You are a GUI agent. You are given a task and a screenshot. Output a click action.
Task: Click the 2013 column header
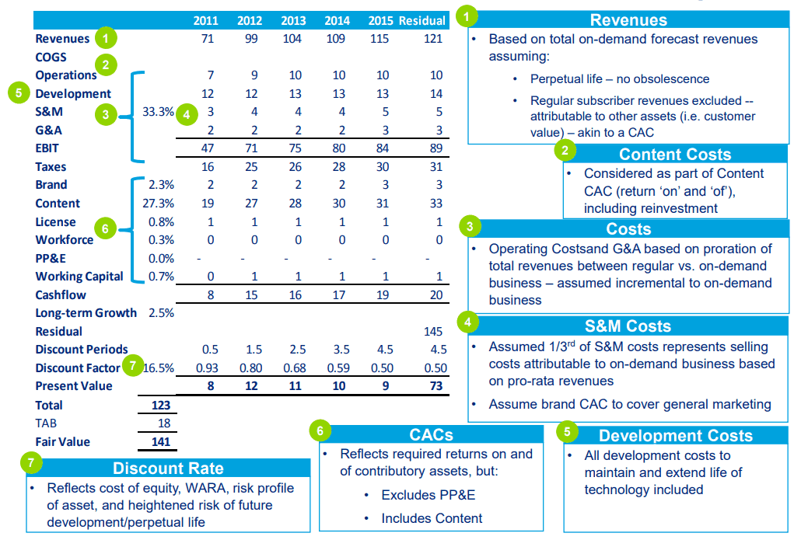tap(293, 21)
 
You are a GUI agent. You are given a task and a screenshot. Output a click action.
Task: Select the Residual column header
tap(422, 21)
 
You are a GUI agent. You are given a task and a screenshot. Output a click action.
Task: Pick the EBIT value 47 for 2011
tap(207, 148)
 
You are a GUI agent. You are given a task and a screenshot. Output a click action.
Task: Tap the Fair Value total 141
tap(159, 442)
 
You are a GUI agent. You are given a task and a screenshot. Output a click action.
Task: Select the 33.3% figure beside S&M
tap(159, 112)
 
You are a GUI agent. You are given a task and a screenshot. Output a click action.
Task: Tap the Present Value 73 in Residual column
tap(435, 386)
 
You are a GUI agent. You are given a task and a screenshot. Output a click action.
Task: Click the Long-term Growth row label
tap(86, 313)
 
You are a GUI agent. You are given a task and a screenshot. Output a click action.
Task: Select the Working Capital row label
tap(79, 277)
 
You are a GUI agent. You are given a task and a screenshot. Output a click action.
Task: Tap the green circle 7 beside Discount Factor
tap(133, 364)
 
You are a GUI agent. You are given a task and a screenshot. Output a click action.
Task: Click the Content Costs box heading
tap(675, 154)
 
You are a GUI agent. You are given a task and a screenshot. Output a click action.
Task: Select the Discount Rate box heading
tap(168, 468)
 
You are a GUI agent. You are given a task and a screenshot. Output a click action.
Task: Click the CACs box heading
tap(431, 436)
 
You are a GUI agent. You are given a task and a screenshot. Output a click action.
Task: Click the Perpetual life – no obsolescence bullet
tap(619, 78)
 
